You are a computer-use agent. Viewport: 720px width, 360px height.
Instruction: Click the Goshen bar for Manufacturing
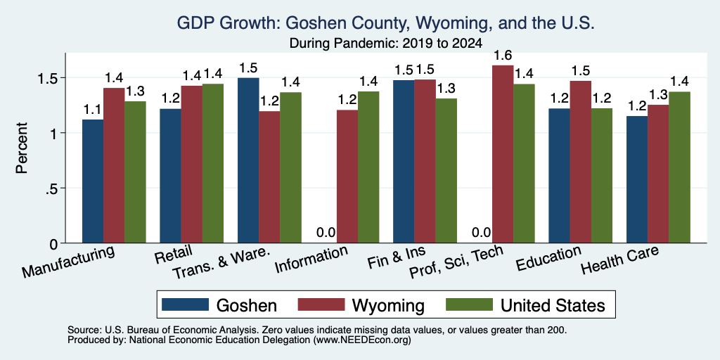[x=93, y=181]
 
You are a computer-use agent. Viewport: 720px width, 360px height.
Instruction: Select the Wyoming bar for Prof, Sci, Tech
[x=503, y=154]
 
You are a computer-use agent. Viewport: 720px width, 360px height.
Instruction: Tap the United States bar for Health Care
[x=680, y=167]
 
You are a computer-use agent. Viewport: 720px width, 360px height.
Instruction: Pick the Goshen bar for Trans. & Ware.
[x=248, y=160]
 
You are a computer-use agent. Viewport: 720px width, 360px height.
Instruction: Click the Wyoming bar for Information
[x=347, y=176]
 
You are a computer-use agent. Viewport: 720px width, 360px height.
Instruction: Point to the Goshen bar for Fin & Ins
[x=404, y=162]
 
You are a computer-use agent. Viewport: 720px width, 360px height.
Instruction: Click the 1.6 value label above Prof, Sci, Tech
[x=503, y=56]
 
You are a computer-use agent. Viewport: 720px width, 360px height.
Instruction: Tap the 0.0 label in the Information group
[x=326, y=232]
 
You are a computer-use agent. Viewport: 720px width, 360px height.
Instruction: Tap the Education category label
[x=548, y=259]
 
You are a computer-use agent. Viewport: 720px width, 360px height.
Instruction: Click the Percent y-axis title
[x=22, y=148]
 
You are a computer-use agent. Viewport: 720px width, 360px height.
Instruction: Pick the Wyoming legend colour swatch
[x=321, y=304]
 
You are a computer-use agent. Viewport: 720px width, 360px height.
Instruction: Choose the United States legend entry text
[x=553, y=305]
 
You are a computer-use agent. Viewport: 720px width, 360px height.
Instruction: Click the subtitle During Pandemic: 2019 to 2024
[x=385, y=44]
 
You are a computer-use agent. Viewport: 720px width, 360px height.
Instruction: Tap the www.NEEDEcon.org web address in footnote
[x=362, y=340]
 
